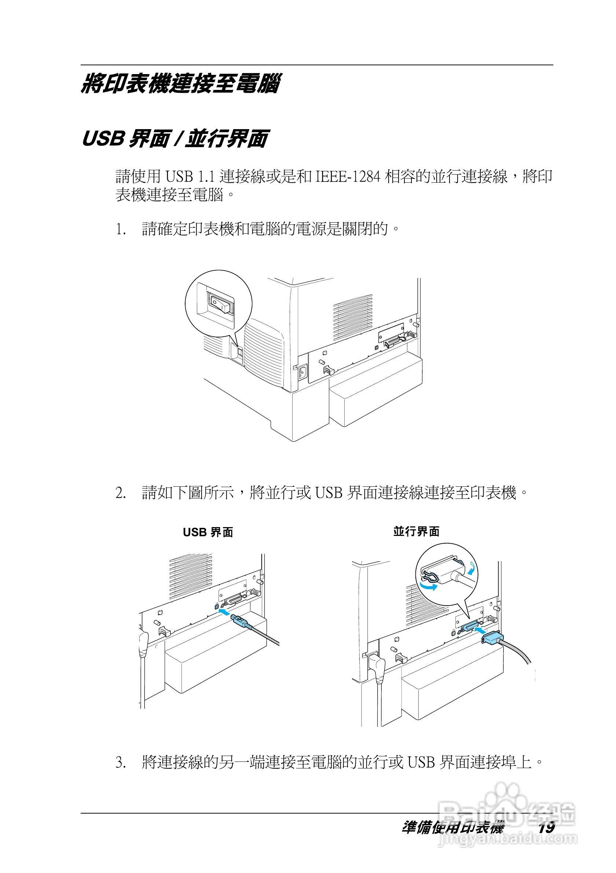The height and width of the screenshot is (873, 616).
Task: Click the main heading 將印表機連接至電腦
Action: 180,84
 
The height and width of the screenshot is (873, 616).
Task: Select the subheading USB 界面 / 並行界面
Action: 175,138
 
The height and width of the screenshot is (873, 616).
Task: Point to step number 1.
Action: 121,230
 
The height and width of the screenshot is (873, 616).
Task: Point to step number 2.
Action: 121,493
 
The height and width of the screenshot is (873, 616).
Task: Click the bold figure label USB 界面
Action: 208,532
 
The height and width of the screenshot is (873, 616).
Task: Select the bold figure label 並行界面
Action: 416,532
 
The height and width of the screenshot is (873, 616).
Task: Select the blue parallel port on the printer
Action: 470,628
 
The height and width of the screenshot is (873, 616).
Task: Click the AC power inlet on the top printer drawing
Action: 302,372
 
